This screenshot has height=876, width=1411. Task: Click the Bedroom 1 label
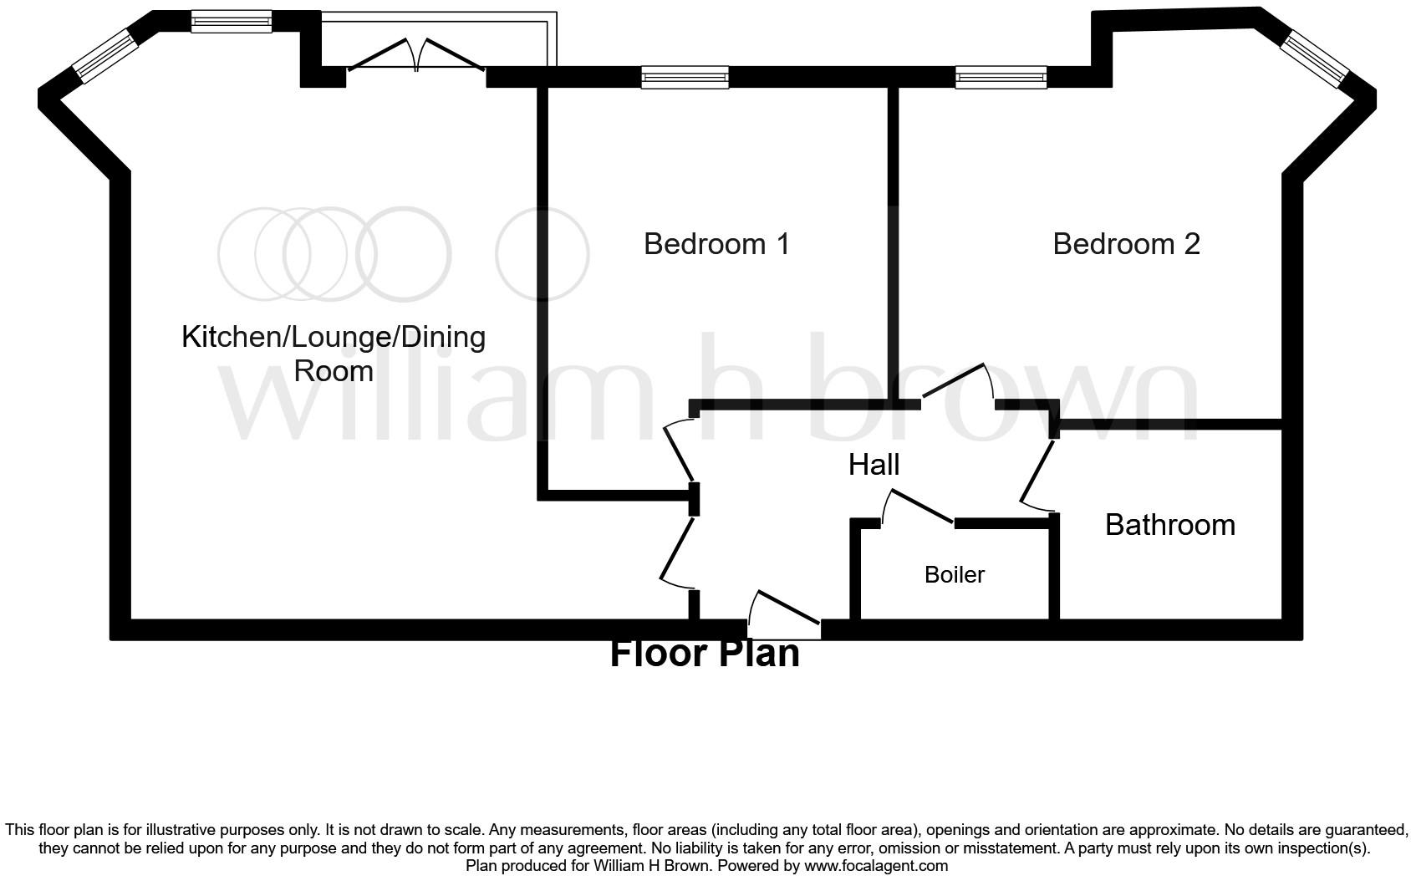[716, 244]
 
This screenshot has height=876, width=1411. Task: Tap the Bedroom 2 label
[1125, 244]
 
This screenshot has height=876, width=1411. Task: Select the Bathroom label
[1169, 525]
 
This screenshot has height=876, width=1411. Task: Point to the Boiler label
[954, 575]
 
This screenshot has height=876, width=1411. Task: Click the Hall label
[874, 465]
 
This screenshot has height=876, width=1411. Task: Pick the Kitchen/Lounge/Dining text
[334, 338]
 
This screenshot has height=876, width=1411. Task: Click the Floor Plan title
[704, 653]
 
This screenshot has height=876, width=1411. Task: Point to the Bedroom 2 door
[958, 384]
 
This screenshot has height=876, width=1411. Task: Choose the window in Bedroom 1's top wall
[685, 78]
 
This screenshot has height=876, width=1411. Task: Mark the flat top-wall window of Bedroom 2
[1001, 78]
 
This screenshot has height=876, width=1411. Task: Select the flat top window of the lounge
[231, 21]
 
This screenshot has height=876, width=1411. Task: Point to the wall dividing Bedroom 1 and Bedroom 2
[893, 242]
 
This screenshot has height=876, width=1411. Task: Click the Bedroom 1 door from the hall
[679, 451]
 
